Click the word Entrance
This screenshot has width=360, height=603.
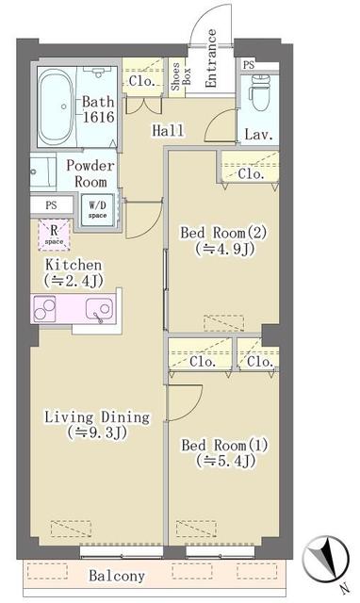[211, 58]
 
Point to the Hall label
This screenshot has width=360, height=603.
[168, 133]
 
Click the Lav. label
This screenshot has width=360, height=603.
[258, 135]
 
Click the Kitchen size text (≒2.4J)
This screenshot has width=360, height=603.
[73, 281]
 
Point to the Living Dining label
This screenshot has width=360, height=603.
[99, 416]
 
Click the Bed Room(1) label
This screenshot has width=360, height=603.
[221, 444]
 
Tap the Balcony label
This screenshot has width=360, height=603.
[117, 576]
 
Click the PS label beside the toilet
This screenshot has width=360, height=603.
[249, 65]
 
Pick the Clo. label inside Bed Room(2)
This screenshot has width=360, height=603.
[251, 174]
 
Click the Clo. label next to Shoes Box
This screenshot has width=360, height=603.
[142, 81]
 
